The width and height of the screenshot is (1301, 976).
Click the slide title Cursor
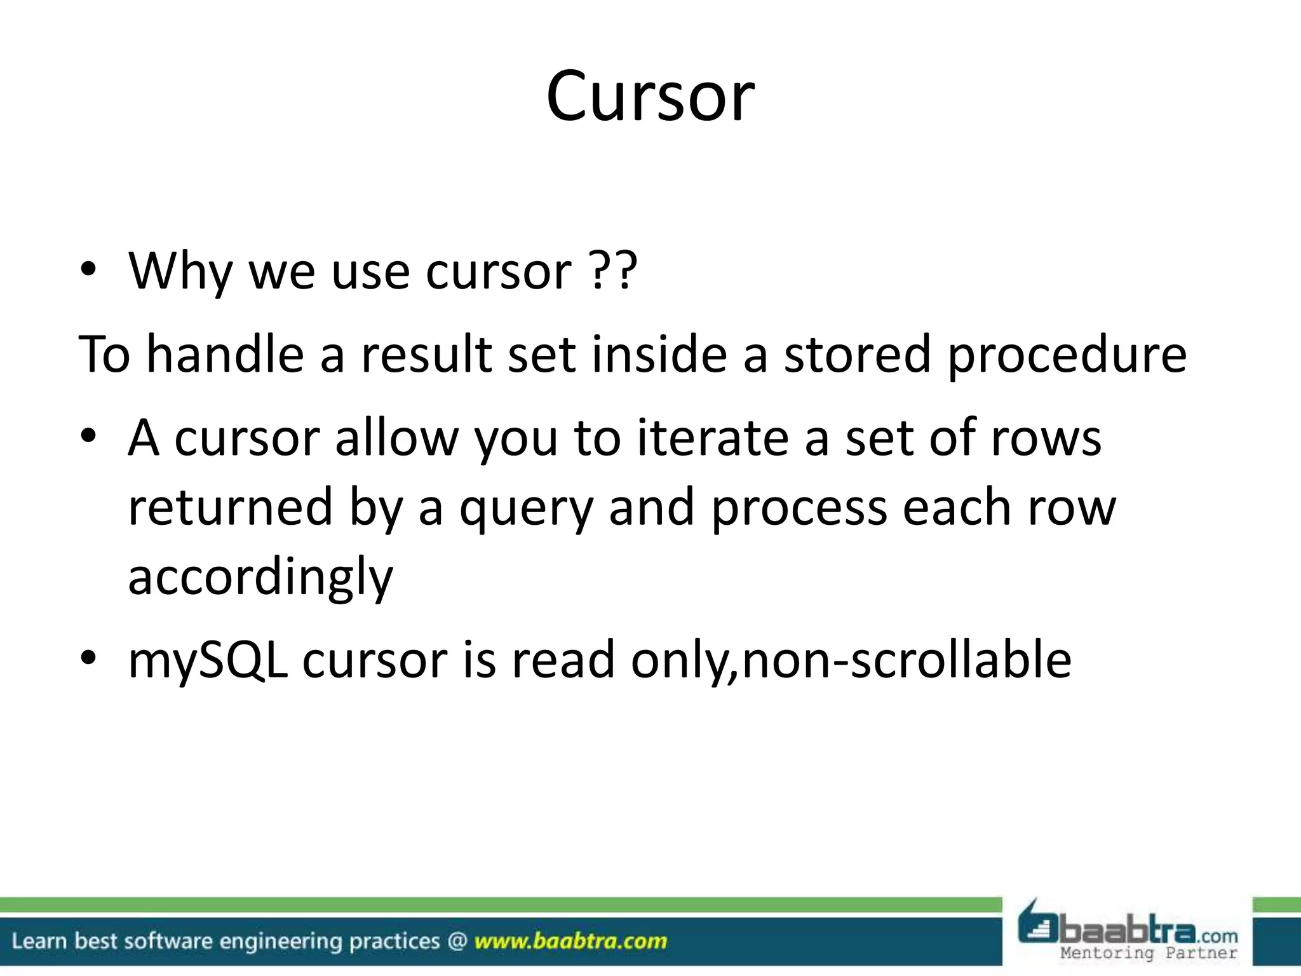650,97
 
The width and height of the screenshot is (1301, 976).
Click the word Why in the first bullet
180,271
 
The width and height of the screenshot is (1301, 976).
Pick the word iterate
713,438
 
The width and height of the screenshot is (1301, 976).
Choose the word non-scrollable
907,660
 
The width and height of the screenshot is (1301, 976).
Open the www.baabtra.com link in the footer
570,941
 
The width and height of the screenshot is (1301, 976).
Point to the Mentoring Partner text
1149,952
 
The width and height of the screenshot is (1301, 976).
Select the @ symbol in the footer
457,941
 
